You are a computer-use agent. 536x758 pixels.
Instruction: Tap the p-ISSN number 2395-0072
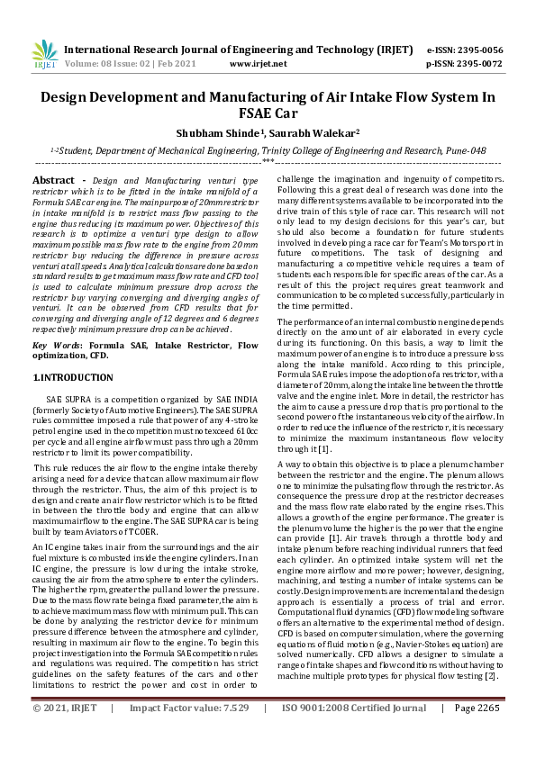click(x=477, y=64)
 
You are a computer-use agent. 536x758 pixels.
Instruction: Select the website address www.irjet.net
click(x=258, y=64)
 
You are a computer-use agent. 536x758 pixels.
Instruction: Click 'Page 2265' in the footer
click(x=477, y=733)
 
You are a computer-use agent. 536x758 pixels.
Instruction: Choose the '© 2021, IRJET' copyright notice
click(x=65, y=733)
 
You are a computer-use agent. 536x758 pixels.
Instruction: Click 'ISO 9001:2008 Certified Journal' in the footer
click(x=354, y=733)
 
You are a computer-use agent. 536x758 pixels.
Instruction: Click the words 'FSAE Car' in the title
click(x=268, y=113)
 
